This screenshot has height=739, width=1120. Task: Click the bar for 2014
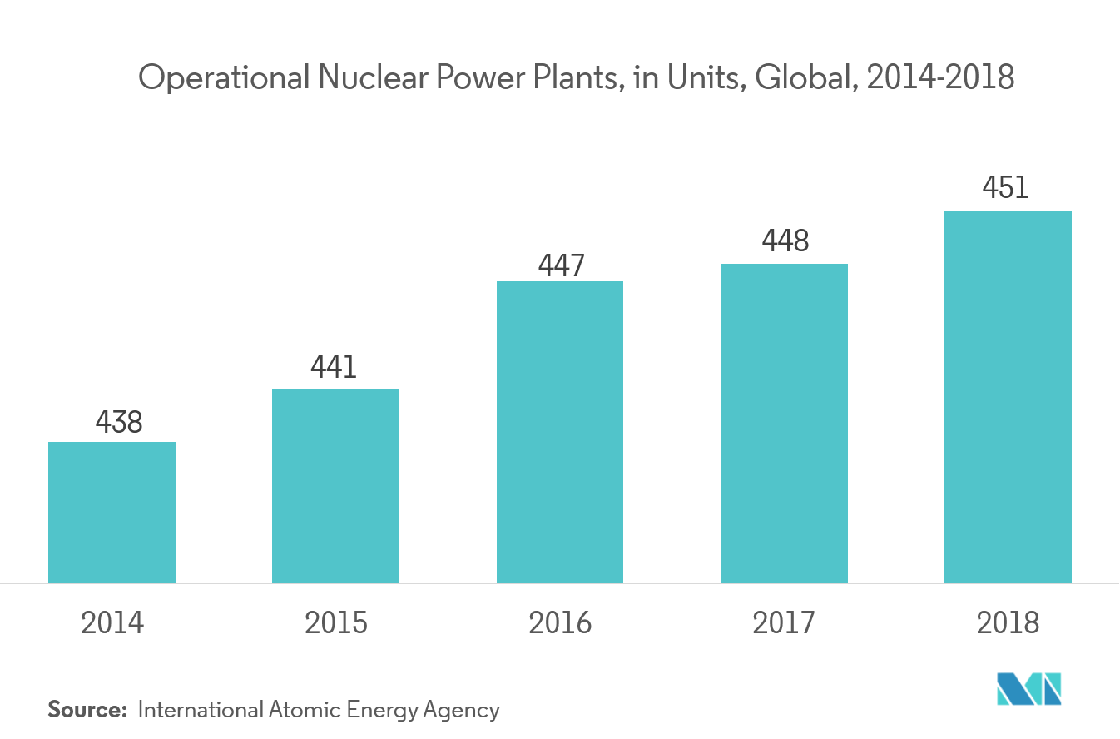[112, 512]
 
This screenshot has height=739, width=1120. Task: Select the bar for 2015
[335, 485]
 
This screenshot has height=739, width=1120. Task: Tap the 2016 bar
[560, 432]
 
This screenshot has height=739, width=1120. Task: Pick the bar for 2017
[784, 423]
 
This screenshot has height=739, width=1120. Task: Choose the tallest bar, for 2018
[1008, 396]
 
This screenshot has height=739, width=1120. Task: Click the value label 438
[119, 423]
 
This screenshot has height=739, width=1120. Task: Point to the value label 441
[334, 368]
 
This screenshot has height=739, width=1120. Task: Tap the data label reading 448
[785, 241]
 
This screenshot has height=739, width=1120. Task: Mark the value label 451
[1005, 188]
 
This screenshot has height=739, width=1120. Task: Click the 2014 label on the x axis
[112, 622]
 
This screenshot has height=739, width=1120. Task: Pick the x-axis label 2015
[336, 622]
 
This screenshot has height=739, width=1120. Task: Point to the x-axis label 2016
[560, 622]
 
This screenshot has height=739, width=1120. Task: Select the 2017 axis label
[784, 622]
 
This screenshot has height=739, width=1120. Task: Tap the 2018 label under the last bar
[1008, 622]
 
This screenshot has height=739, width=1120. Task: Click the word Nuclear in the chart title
[367, 77]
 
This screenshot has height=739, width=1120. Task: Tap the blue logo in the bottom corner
[1029, 688]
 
